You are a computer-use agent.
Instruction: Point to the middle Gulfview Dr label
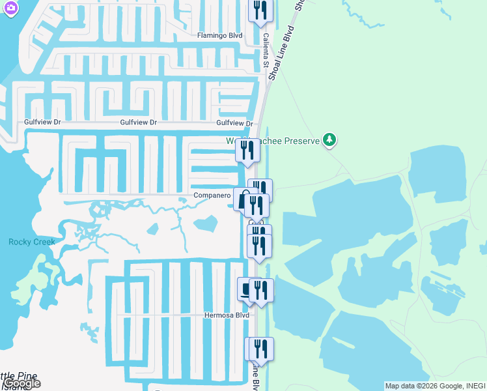point(139,122)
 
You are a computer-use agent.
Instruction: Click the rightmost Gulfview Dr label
point(234,123)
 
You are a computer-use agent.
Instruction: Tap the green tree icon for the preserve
point(330,139)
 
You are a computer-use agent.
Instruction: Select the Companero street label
point(212,195)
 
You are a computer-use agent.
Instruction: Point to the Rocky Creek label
point(32,242)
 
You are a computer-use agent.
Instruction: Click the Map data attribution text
point(435,386)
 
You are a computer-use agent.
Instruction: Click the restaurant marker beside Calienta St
point(260,10)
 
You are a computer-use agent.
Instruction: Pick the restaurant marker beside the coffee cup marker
point(261,290)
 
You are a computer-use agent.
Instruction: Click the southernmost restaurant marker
point(259,349)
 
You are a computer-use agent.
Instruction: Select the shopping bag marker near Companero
point(243,199)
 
